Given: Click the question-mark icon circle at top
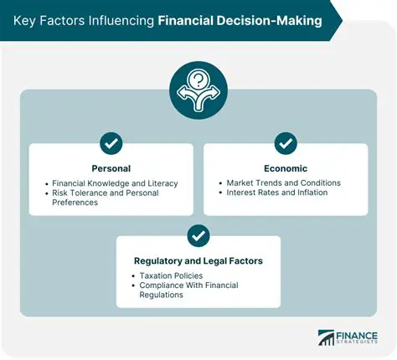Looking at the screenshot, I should [x=198, y=90].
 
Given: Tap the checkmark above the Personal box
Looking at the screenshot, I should [x=111, y=143].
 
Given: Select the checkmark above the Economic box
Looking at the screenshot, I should [x=286, y=143].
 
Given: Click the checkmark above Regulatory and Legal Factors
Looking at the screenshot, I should [x=198, y=235].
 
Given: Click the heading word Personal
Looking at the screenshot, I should [x=111, y=167].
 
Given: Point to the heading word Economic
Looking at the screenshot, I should [x=286, y=167].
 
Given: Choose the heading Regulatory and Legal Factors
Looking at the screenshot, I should [x=198, y=261].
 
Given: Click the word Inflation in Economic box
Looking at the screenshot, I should [x=309, y=193].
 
